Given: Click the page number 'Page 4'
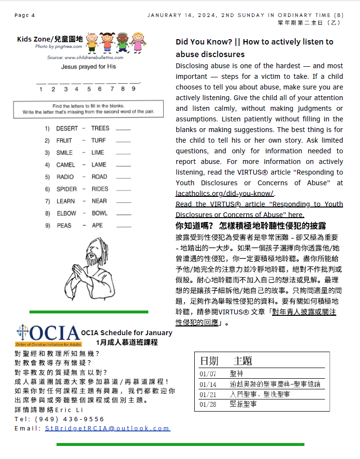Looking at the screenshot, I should tap(25, 15).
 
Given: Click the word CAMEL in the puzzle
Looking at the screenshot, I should tap(65, 165).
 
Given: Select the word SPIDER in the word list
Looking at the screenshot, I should tap(66, 189).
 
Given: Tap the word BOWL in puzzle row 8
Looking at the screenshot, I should tap(100, 213).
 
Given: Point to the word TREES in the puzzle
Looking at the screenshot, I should tap(100, 128).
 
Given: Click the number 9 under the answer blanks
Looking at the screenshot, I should tap(133, 89).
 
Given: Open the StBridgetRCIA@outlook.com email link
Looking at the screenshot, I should tap(107, 429).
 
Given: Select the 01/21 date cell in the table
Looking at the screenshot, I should tap(209, 395).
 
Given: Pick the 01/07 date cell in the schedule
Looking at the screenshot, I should tap(209, 374).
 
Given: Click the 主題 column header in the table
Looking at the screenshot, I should tap(243, 361).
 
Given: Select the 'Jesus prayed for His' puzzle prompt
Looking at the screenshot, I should tap(88, 67).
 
